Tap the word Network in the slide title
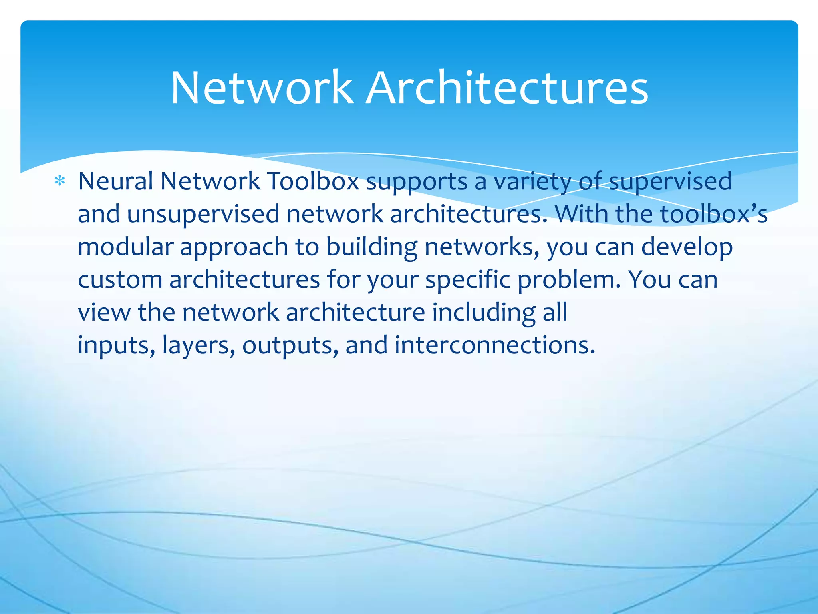tap(262, 88)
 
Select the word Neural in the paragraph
tap(115, 181)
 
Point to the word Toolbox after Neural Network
tap(313, 181)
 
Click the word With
tap(582, 213)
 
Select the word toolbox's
tap(714, 213)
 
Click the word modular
tap(125, 247)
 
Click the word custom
tap(120, 279)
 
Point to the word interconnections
tap(495, 345)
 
